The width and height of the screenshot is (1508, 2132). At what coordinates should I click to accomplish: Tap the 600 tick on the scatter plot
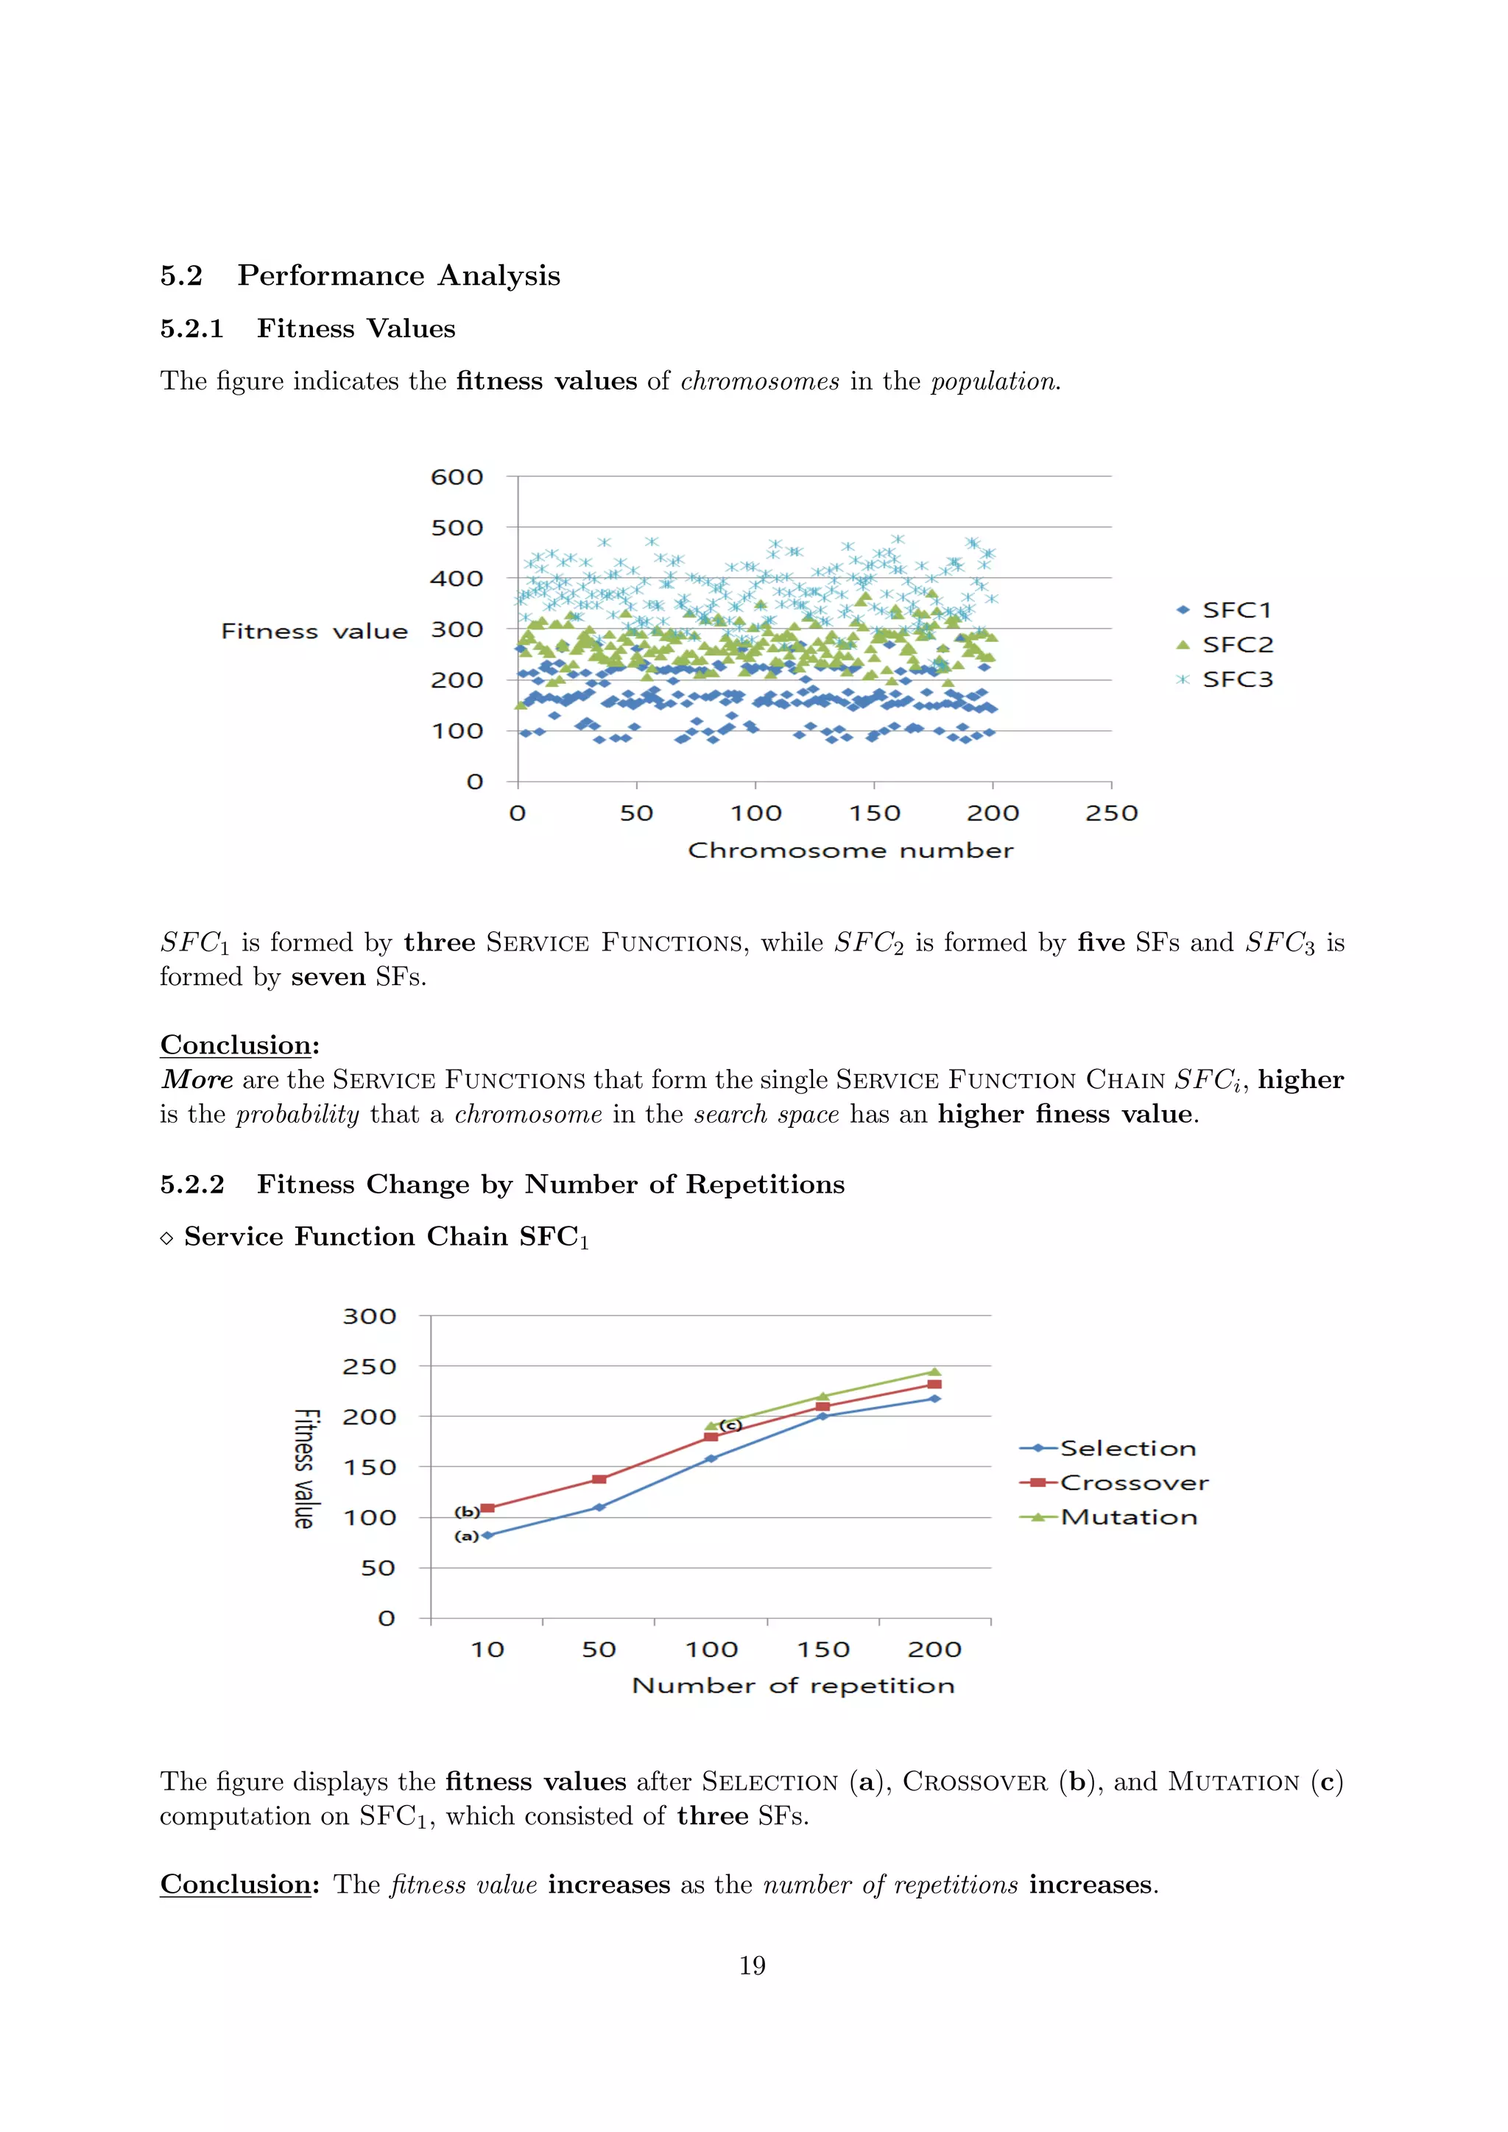point(457,477)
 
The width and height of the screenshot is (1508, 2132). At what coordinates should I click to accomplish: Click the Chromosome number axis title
point(850,850)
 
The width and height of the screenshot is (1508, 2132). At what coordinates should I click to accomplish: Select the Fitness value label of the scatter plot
point(314,632)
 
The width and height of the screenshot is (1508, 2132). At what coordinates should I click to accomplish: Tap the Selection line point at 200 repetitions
point(934,1399)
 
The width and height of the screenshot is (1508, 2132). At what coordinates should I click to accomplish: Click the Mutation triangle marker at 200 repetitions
point(934,1372)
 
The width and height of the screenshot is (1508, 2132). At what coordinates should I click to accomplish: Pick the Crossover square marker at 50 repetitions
point(599,1479)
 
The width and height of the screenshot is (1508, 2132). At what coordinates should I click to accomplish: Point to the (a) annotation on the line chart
point(466,1536)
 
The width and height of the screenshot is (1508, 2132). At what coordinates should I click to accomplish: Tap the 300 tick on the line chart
point(370,1317)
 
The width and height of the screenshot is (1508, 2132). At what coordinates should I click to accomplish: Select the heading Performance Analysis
point(398,276)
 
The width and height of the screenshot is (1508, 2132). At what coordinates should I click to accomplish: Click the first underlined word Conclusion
point(236,1045)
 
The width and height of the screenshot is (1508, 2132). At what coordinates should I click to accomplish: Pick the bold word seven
point(328,977)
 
